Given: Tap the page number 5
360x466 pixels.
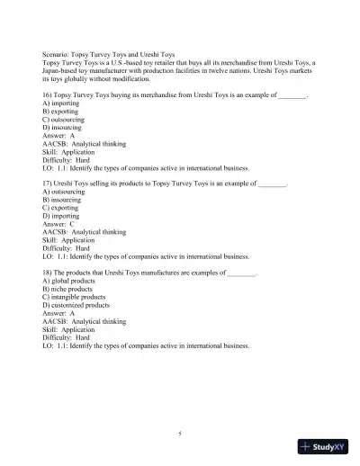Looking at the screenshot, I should pos(180,433).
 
